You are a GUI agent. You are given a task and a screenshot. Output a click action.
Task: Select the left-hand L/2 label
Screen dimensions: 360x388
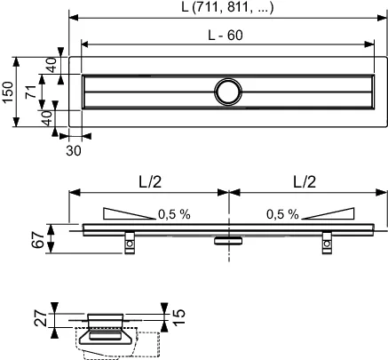click(149, 180)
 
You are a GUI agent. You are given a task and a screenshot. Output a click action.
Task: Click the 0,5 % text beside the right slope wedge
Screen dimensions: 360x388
click(281, 214)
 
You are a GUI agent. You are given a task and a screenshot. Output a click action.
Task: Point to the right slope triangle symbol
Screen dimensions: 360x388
click(329, 213)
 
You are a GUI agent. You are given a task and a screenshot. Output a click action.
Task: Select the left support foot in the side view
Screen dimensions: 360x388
click(130, 240)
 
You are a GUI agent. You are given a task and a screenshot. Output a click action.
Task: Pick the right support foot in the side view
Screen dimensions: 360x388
click(326, 240)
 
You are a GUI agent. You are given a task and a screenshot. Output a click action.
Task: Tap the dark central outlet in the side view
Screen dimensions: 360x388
click(228, 238)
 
